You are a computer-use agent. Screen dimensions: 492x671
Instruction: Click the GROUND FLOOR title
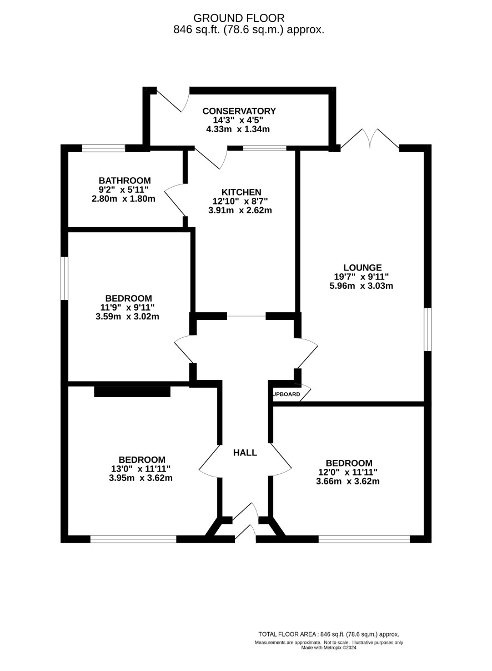click(x=239, y=18)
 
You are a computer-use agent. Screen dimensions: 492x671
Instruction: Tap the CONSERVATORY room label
click(x=239, y=111)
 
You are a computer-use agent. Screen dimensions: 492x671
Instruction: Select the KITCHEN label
click(x=242, y=192)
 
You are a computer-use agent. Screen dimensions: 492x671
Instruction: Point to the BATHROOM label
click(x=124, y=181)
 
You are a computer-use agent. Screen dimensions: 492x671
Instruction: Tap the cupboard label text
click(x=287, y=394)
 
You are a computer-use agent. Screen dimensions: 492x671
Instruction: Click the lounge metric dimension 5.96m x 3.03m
click(x=361, y=286)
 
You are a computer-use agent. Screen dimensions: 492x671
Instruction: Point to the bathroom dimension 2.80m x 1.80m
click(x=123, y=199)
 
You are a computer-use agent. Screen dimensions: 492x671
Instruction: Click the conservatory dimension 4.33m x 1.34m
click(x=238, y=129)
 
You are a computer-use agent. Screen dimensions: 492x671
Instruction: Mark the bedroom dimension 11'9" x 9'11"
click(x=127, y=307)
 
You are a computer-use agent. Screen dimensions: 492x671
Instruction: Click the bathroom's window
click(x=104, y=148)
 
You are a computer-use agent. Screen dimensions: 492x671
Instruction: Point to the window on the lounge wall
click(x=428, y=329)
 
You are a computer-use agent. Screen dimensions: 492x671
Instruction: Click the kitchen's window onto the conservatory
click(x=265, y=148)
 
